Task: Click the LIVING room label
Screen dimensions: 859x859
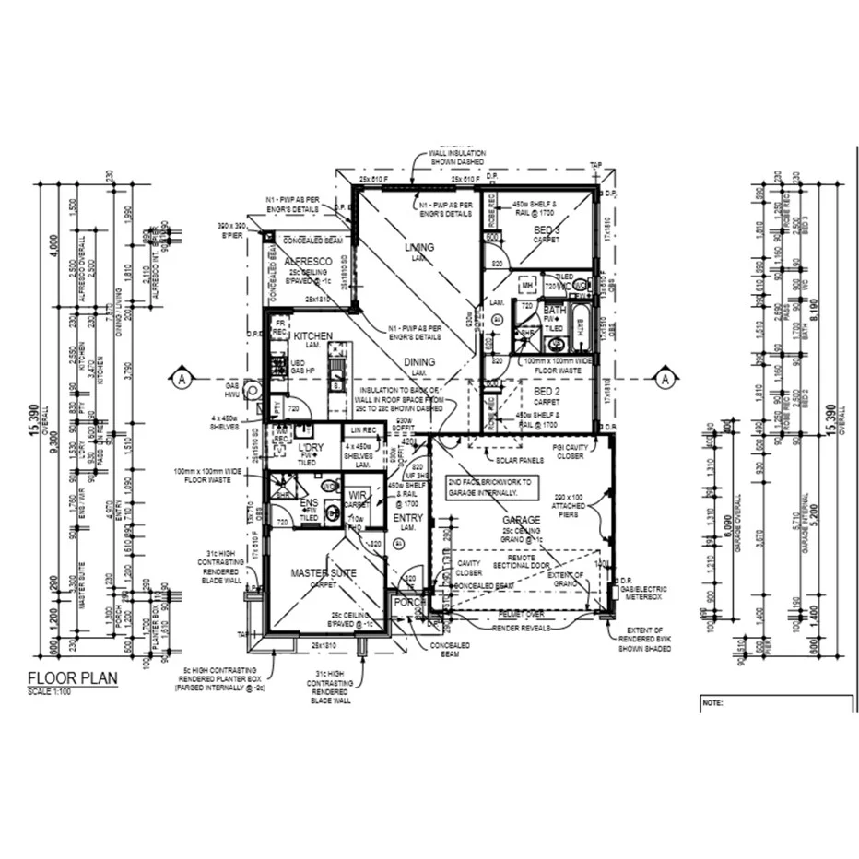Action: pyautogui.click(x=419, y=248)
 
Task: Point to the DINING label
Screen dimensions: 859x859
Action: pyautogui.click(x=418, y=362)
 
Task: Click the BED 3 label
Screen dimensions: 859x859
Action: pyautogui.click(x=547, y=229)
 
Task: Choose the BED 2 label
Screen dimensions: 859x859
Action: pyautogui.click(x=547, y=392)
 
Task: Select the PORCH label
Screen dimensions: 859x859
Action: pyautogui.click(x=408, y=603)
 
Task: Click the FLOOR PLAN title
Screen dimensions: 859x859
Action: pyautogui.click(x=73, y=679)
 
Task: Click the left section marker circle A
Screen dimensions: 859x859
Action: pyautogui.click(x=182, y=378)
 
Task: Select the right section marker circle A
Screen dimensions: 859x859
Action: pyautogui.click(x=663, y=378)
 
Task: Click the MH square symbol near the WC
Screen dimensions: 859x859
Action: pyautogui.click(x=528, y=285)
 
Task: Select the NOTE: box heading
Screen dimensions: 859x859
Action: pyautogui.click(x=712, y=702)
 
